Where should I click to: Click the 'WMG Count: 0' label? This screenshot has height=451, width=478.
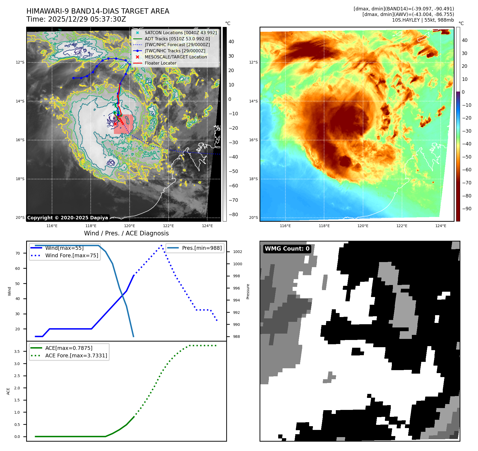click(x=287, y=249)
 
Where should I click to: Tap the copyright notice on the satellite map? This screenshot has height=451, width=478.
click(x=67, y=218)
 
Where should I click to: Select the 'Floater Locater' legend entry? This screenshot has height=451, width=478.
click(x=160, y=63)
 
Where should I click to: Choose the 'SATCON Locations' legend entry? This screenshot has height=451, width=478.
click(x=181, y=33)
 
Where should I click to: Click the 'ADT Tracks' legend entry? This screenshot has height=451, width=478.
click(x=177, y=39)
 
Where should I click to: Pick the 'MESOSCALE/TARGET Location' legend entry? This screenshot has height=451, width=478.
click(x=176, y=57)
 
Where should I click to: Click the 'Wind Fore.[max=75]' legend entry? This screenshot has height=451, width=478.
click(x=71, y=256)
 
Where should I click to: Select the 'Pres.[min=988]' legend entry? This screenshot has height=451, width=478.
click(x=202, y=248)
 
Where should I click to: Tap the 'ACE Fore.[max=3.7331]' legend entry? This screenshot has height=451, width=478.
click(x=76, y=356)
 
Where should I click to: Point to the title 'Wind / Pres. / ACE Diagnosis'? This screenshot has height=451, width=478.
click(x=126, y=234)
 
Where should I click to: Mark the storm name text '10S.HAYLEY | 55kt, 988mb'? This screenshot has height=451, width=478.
click(x=423, y=20)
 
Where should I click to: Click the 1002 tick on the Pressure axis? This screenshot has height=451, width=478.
click(x=237, y=252)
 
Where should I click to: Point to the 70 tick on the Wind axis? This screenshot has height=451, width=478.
click(x=18, y=253)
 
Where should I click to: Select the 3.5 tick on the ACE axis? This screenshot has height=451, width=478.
click(x=17, y=351)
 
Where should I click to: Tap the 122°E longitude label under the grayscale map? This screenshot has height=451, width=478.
click(x=168, y=226)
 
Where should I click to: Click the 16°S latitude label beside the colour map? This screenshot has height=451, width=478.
click(x=253, y=140)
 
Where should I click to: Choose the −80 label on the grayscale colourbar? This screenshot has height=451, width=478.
click(x=233, y=215)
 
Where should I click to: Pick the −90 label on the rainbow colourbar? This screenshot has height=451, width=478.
click(x=467, y=209)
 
